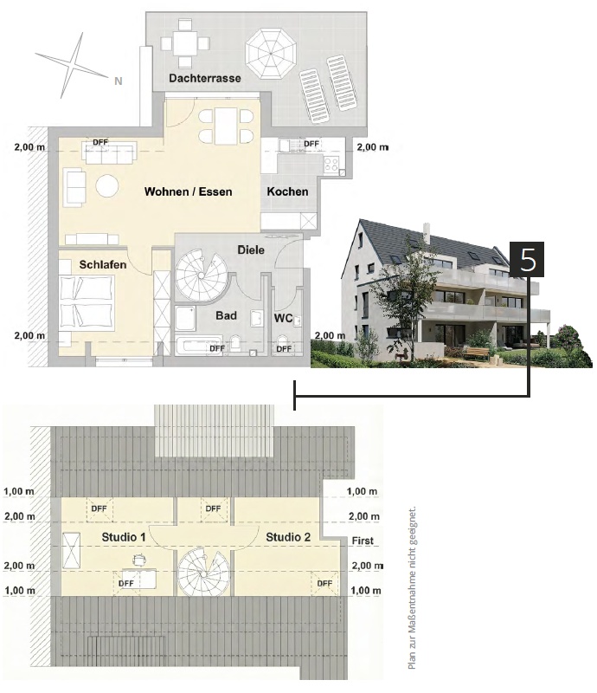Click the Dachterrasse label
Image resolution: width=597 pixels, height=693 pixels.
(205, 78)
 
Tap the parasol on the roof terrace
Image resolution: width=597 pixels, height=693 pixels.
(271, 54)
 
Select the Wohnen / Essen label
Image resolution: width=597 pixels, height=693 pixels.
(188, 191)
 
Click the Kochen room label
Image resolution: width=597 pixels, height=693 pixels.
(287, 191)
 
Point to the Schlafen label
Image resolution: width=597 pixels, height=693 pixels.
(103, 265)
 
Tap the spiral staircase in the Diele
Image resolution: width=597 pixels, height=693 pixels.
(201, 275)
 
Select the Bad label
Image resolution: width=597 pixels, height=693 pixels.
(226, 315)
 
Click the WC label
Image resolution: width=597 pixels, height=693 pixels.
(283, 318)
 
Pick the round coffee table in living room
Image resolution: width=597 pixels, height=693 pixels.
(107, 186)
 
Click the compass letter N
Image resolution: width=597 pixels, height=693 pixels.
(118, 81)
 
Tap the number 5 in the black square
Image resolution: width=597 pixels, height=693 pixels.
(527, 260)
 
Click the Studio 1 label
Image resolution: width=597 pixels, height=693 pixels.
(124, 537)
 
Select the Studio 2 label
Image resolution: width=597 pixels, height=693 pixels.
(288, 537)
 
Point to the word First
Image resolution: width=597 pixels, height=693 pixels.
(363, 541)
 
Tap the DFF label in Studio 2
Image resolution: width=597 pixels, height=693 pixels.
(324, 583)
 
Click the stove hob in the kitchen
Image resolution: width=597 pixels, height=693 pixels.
(331, 165)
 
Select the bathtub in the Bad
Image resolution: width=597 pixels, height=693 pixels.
(198, 346)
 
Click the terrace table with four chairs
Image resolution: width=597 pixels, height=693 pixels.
(185, 43)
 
